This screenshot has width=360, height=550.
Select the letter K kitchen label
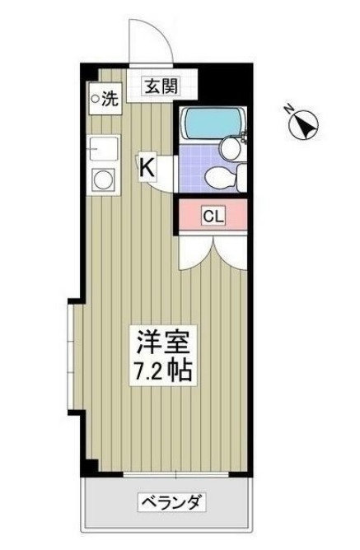click(146, 166)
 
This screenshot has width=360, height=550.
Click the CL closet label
click(213, 217)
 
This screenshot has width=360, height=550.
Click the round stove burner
click(105, 179)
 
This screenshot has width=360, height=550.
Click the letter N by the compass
click(288, 108)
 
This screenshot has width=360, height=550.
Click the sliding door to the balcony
click(165, 474)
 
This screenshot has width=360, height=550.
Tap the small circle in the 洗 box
click(96, 100)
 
